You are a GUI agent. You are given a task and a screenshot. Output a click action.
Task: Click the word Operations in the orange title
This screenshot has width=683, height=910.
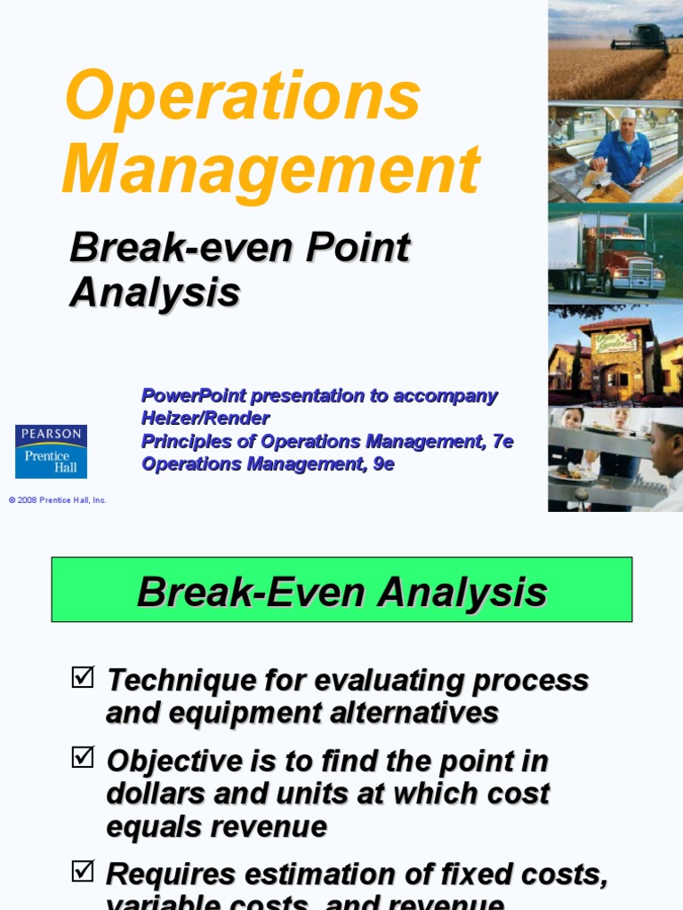click(243, 97)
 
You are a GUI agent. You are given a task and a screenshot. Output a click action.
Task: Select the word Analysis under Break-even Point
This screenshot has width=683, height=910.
click(155, 292)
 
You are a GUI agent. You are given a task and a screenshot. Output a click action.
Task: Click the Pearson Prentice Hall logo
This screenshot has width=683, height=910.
click(51, 451)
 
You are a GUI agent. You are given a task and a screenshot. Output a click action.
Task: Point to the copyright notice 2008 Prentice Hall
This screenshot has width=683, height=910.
click(58, 500)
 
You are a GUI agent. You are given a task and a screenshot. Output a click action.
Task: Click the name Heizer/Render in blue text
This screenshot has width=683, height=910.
click(205, 418)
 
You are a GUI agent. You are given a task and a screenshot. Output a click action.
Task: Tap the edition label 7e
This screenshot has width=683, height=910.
click(502, 441)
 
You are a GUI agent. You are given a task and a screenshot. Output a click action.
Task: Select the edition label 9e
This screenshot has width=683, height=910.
click(383, 464)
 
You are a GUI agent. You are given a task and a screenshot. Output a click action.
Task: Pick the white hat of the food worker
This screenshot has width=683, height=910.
click(629, 114)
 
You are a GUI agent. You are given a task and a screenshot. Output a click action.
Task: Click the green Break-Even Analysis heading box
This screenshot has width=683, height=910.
click(341, 590)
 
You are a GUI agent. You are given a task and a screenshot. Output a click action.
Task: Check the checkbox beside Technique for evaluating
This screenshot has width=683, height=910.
click(82, 678)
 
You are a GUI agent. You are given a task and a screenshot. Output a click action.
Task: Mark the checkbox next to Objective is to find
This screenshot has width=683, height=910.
click(82, 758)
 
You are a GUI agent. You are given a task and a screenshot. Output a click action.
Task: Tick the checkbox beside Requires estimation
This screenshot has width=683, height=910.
click(82, 872)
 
